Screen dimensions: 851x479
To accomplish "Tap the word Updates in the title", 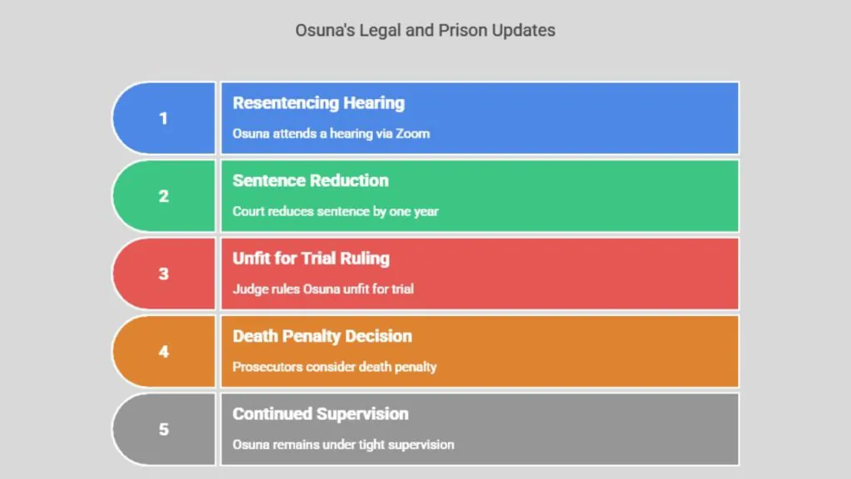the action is click(x=524, y=31).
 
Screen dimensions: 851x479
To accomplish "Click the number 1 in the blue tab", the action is click(x=164, y=118).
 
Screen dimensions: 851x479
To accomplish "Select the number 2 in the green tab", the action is click(x=164, y=196).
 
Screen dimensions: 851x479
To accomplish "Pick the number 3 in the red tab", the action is click(x=164, y=274).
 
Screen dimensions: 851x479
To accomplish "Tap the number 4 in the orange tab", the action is click(x=164, y=352).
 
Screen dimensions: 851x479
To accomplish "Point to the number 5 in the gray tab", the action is click(x=164, y=429).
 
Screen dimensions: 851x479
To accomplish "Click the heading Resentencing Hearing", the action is click(x=318, y=103).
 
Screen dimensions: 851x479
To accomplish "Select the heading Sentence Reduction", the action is click(x=311, y=180).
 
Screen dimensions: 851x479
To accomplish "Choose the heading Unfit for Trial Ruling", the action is click(x=311, y=259).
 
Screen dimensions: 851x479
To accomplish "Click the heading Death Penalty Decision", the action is click(x=322, y=336).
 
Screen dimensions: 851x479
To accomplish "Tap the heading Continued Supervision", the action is click(x=320, y=414).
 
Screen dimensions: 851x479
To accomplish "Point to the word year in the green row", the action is click(x=426, y=212).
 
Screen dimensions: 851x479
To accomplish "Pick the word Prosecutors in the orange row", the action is click(x=268, y=367).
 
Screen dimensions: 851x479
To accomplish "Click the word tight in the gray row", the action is click(x=371, y=445).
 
